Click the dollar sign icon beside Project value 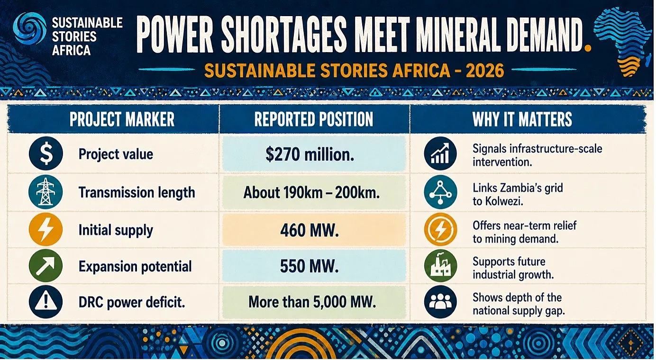click(46, 153)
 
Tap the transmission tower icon click(46, 192)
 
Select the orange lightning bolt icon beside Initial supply click(46, 229)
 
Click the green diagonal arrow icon click(46, 266)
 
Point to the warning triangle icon click(46, 302)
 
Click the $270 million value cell click(314, 154)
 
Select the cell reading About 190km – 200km click(314, 193)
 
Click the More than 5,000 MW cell click(314, 302)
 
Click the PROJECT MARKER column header click(122, 119)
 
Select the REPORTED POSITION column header click(314, 119)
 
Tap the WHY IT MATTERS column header click(522, 119)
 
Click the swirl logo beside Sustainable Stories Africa click(29, 28)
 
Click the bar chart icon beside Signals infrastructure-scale click(440, 153)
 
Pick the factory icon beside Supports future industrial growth click(440, 266)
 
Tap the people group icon click(440, 302)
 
